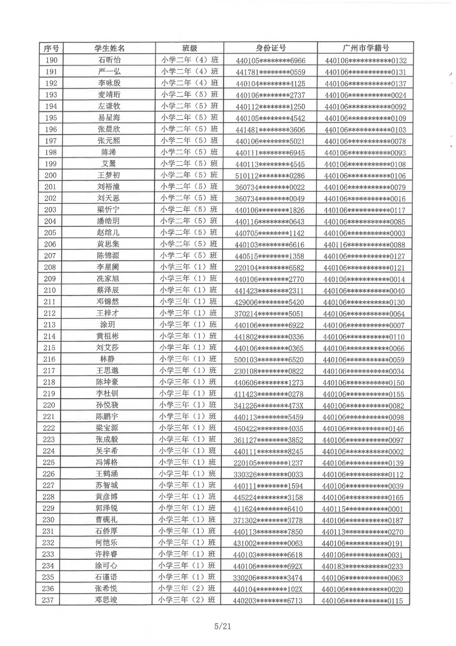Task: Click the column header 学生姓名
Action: click(110, 48)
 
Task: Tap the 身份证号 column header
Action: click(271, 48)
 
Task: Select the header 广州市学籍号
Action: click(365, 48)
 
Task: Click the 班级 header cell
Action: click(189, 48)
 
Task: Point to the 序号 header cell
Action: click(51, 48)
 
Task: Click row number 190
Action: click(51, 60)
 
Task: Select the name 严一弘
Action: click(109, 72)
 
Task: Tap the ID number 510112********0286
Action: click(270, 176)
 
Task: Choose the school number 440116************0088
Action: click(364, 245)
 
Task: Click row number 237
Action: click(48, 600)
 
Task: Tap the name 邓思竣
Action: click(106, 600)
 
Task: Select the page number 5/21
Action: click(223, 626)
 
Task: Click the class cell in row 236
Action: click(187, 588)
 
